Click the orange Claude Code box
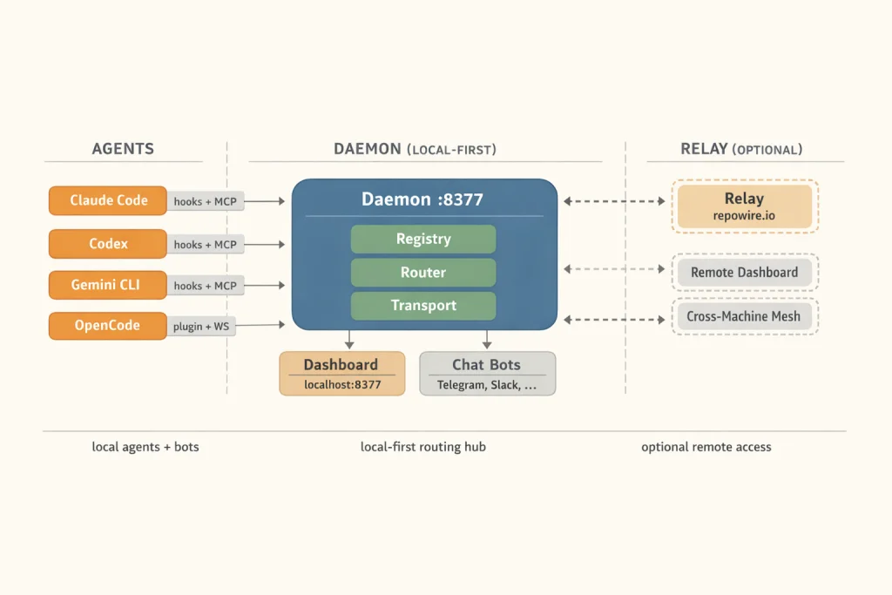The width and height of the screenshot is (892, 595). (108, 200)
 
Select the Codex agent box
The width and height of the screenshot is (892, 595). (108, 244)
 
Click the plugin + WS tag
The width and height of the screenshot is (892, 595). (201, 326)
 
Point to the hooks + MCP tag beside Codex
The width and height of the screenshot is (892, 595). (205, 245)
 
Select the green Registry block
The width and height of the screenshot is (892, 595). (423, 239)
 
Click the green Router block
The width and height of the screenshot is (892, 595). (423, 272)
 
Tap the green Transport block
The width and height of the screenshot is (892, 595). (423, 305)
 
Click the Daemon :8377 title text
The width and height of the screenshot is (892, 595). (423, 199)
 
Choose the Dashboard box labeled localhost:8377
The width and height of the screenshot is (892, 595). (341, 374)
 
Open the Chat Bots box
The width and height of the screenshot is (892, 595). (487, 374)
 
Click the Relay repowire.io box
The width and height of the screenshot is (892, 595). (744, 206)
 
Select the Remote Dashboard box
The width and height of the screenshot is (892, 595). (744, 273)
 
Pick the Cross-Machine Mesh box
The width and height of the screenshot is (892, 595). (744, 316)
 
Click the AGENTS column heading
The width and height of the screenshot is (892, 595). (123, 149)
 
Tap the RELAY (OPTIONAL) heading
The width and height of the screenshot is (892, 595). (741, 149)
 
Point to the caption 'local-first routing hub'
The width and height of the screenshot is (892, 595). (423, 447)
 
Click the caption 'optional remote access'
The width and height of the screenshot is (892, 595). (706, 447)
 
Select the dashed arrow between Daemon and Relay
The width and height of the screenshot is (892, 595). (614, 201)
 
